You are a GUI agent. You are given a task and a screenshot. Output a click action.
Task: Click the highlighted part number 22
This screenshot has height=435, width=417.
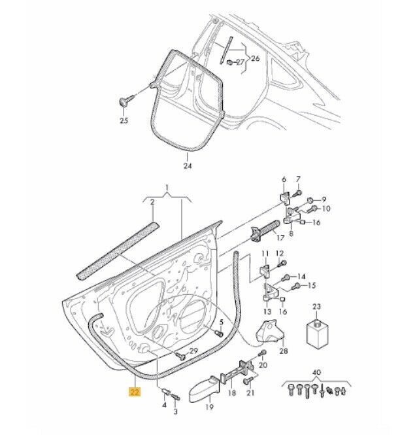tap(134, 392)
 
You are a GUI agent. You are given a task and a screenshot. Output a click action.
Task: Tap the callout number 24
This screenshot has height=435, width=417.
tap(188, 166)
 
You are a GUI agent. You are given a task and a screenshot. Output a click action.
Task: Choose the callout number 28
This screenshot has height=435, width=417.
tap(283, 351)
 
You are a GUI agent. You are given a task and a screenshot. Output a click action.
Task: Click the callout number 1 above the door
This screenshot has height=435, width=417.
tap(167, 189)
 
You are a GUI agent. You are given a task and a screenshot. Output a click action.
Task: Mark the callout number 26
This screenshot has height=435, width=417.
tap(256, 58)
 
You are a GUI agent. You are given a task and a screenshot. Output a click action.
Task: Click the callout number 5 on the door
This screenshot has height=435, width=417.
tap(221, 322)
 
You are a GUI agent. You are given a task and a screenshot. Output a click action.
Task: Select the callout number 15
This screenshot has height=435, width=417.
tap(312, 285)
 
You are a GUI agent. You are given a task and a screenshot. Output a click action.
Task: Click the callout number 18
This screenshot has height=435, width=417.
tap(231, 394)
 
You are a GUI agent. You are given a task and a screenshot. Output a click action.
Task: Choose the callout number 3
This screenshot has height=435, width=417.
tap(175, 413)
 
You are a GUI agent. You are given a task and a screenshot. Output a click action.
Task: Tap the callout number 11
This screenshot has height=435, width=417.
tap(264, 253)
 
